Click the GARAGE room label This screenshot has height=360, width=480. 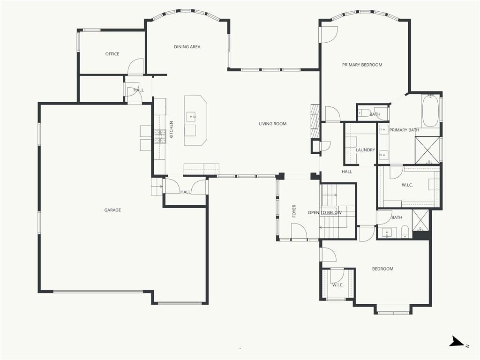pyautogui.click(x=112, y=210)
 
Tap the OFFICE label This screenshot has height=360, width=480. pyautogui.click(x=112, y=54)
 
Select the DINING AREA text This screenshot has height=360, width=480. pyautogui.click(x=187, y=47)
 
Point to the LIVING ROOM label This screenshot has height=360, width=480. pyautogui.click(x=273, y=124)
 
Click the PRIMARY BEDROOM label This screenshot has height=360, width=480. pyautogui.click(x=362, y=65)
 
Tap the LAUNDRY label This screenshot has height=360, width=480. pyautogui.click(x=365, y=150)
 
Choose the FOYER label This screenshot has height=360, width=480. pyautogui.click(x=294, y=211)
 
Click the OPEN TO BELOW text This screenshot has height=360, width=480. pyautogui.click(x=325, y=212)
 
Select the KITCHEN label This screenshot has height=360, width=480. pyautogui.click(x=172, y=129)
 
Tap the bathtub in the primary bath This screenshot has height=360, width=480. pyautogui.click(x=430, y=111)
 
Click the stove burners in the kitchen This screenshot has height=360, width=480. pyautogui.click(x=160, y=136)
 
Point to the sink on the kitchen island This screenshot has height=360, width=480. pyautogui.click(x=192, y=117)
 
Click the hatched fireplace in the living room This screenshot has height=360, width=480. pyautogui.click(x=315, y=121)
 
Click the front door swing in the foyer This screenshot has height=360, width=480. pyautogui.click(x=299, y=231)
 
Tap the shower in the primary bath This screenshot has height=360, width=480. pyautogui.click(x=427, y=150)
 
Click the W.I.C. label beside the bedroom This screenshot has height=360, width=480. pyautogui.click(x=337, y=285)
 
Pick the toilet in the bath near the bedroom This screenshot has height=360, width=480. pyautogui.click(x=405, y=232)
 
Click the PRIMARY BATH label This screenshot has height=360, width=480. pyautogui.click(x=404, y=130)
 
